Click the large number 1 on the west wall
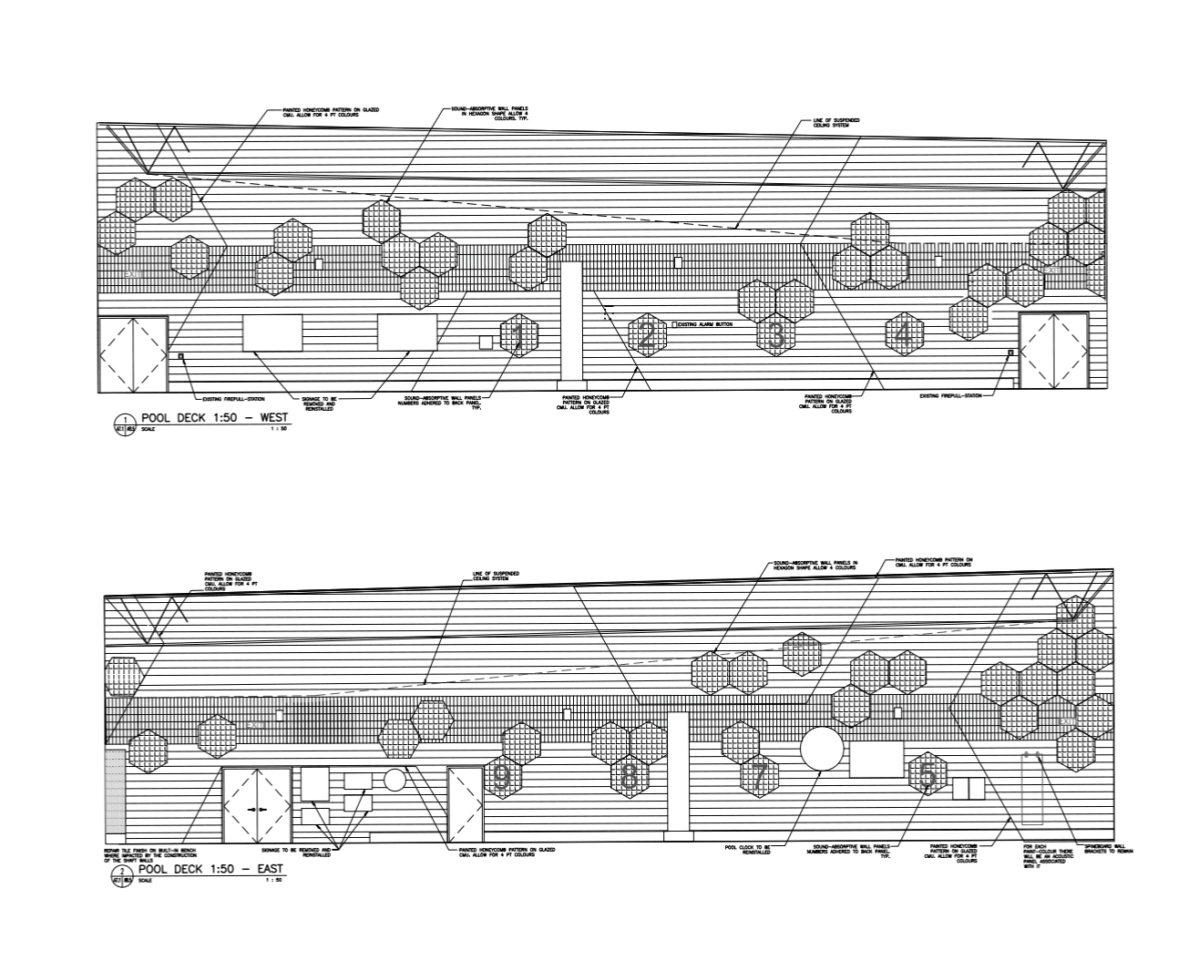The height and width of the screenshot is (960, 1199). pos(518,335)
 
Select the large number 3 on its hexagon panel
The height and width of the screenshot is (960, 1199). pos(776,335)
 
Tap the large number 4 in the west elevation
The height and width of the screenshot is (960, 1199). pos(903,334)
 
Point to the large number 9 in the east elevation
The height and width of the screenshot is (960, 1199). pos(502,777)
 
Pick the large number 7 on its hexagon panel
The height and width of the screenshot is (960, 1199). pos(759,777)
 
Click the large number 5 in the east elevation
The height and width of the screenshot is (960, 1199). pos(927,775)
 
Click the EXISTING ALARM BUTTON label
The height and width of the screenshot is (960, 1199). pos(705,324)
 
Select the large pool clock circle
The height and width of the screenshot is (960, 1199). pos(823,750)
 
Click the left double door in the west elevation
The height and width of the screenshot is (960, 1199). pos(133,353)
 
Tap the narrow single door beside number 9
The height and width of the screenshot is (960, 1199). pos(465,804)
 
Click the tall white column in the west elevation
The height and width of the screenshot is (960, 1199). pos(571,321)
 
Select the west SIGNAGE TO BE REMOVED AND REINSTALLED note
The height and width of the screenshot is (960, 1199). pos(319,403)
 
